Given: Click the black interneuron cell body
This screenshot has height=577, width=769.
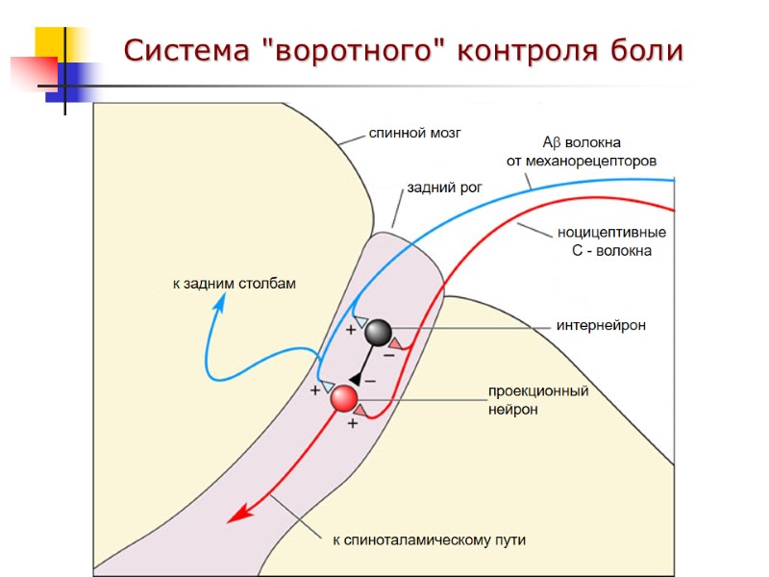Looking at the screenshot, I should click(378, 332).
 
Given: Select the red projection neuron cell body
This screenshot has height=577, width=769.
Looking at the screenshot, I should click(344, 398).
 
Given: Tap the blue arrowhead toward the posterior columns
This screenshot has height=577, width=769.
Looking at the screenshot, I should click(221, 302).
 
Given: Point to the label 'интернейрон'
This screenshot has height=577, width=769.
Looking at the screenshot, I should click(601, 326).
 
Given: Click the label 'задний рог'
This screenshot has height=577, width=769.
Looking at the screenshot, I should click(444, 188).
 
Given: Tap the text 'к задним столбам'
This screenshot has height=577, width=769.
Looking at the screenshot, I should click(235, 284).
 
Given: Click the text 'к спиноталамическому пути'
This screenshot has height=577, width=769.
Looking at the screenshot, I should click(429, 540).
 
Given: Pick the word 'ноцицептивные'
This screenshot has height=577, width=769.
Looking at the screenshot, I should click(611, 233).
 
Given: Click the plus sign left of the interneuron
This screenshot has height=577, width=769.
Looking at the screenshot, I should click(351, 330).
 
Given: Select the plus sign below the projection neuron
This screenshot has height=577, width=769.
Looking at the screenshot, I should click(352, 423).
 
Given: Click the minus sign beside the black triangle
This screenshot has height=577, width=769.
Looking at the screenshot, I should click(370, 381).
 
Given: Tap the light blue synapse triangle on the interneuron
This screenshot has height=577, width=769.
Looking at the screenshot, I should click(360, 320).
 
